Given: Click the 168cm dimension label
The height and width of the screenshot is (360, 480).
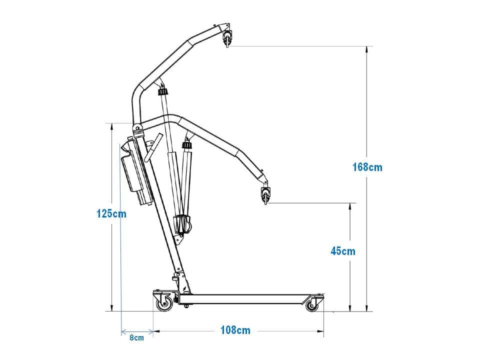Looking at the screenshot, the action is coord(367,167).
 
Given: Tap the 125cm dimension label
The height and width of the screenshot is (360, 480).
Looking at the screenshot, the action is coord(111,213).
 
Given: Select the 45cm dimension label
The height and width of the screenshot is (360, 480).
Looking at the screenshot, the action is coord(343,251).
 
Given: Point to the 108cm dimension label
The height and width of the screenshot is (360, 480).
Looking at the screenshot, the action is coord(235,330).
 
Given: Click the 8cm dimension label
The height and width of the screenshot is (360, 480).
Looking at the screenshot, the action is coord(136,337).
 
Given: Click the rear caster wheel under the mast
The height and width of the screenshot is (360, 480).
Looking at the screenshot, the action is coord(164,304).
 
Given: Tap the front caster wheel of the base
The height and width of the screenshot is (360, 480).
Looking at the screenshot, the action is coord(312,305).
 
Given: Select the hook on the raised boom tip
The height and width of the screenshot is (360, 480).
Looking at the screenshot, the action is coord(227,38).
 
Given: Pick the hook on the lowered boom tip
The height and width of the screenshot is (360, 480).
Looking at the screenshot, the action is coord(265,195).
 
